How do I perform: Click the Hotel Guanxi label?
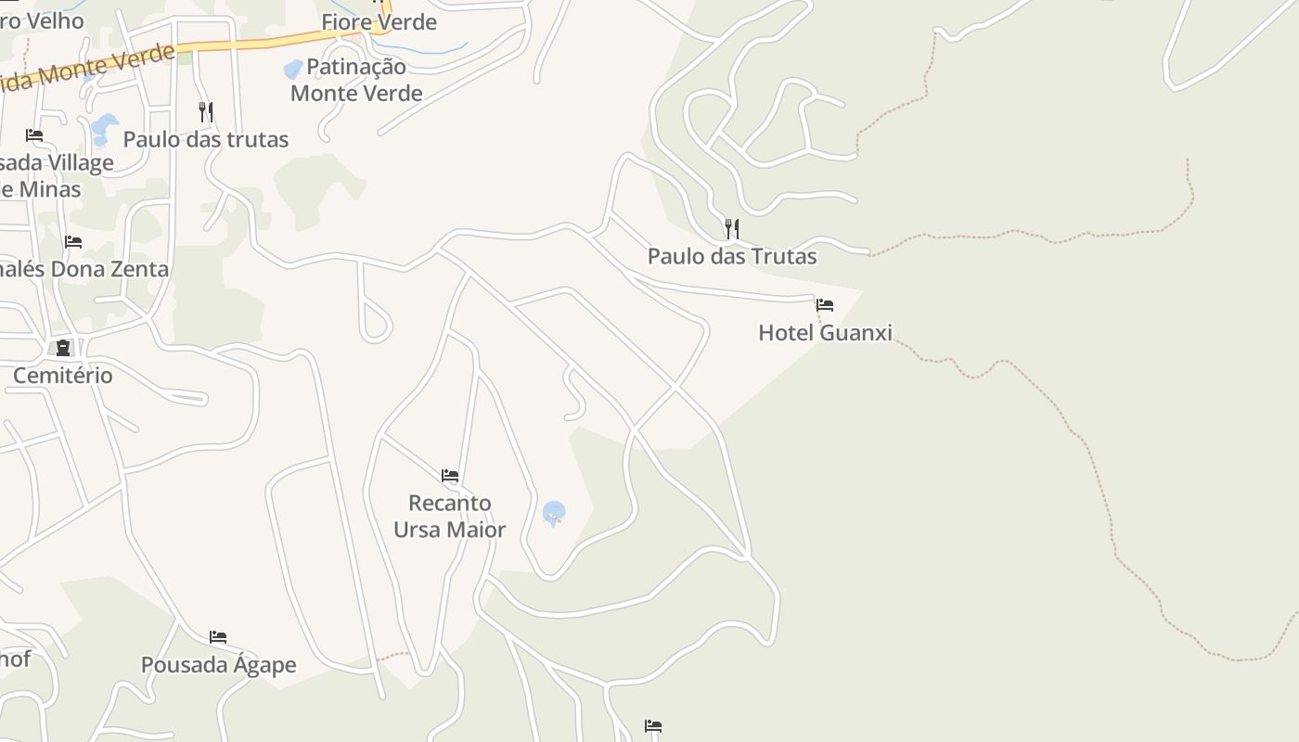[x=825, y=333]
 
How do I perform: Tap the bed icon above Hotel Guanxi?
[x=824, y=305]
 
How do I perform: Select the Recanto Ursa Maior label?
[x=450, y=517]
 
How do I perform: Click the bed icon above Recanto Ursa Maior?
[x=450, y=476]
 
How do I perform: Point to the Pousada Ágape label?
[x=218, y=665]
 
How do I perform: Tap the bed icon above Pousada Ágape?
[x=218, y=637]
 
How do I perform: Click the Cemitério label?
[x=63, y=376]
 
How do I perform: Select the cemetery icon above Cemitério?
[x=63, y=348]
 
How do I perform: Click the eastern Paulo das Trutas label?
[x=732, y=256]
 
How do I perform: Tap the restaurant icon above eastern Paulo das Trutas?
[x=732, y=228]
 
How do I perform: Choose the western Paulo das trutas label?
[x=206, y=140]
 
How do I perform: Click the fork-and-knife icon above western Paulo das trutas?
[x=206, y=112]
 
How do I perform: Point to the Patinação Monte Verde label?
[x=356, y=80]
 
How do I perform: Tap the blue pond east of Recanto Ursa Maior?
[x=554, y=512]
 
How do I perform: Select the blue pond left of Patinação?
[x=293, y=69]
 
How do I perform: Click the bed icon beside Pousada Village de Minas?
[x=34, y=135]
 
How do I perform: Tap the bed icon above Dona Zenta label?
[x=73, y=242]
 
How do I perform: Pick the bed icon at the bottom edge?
[x=653, y=726]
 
